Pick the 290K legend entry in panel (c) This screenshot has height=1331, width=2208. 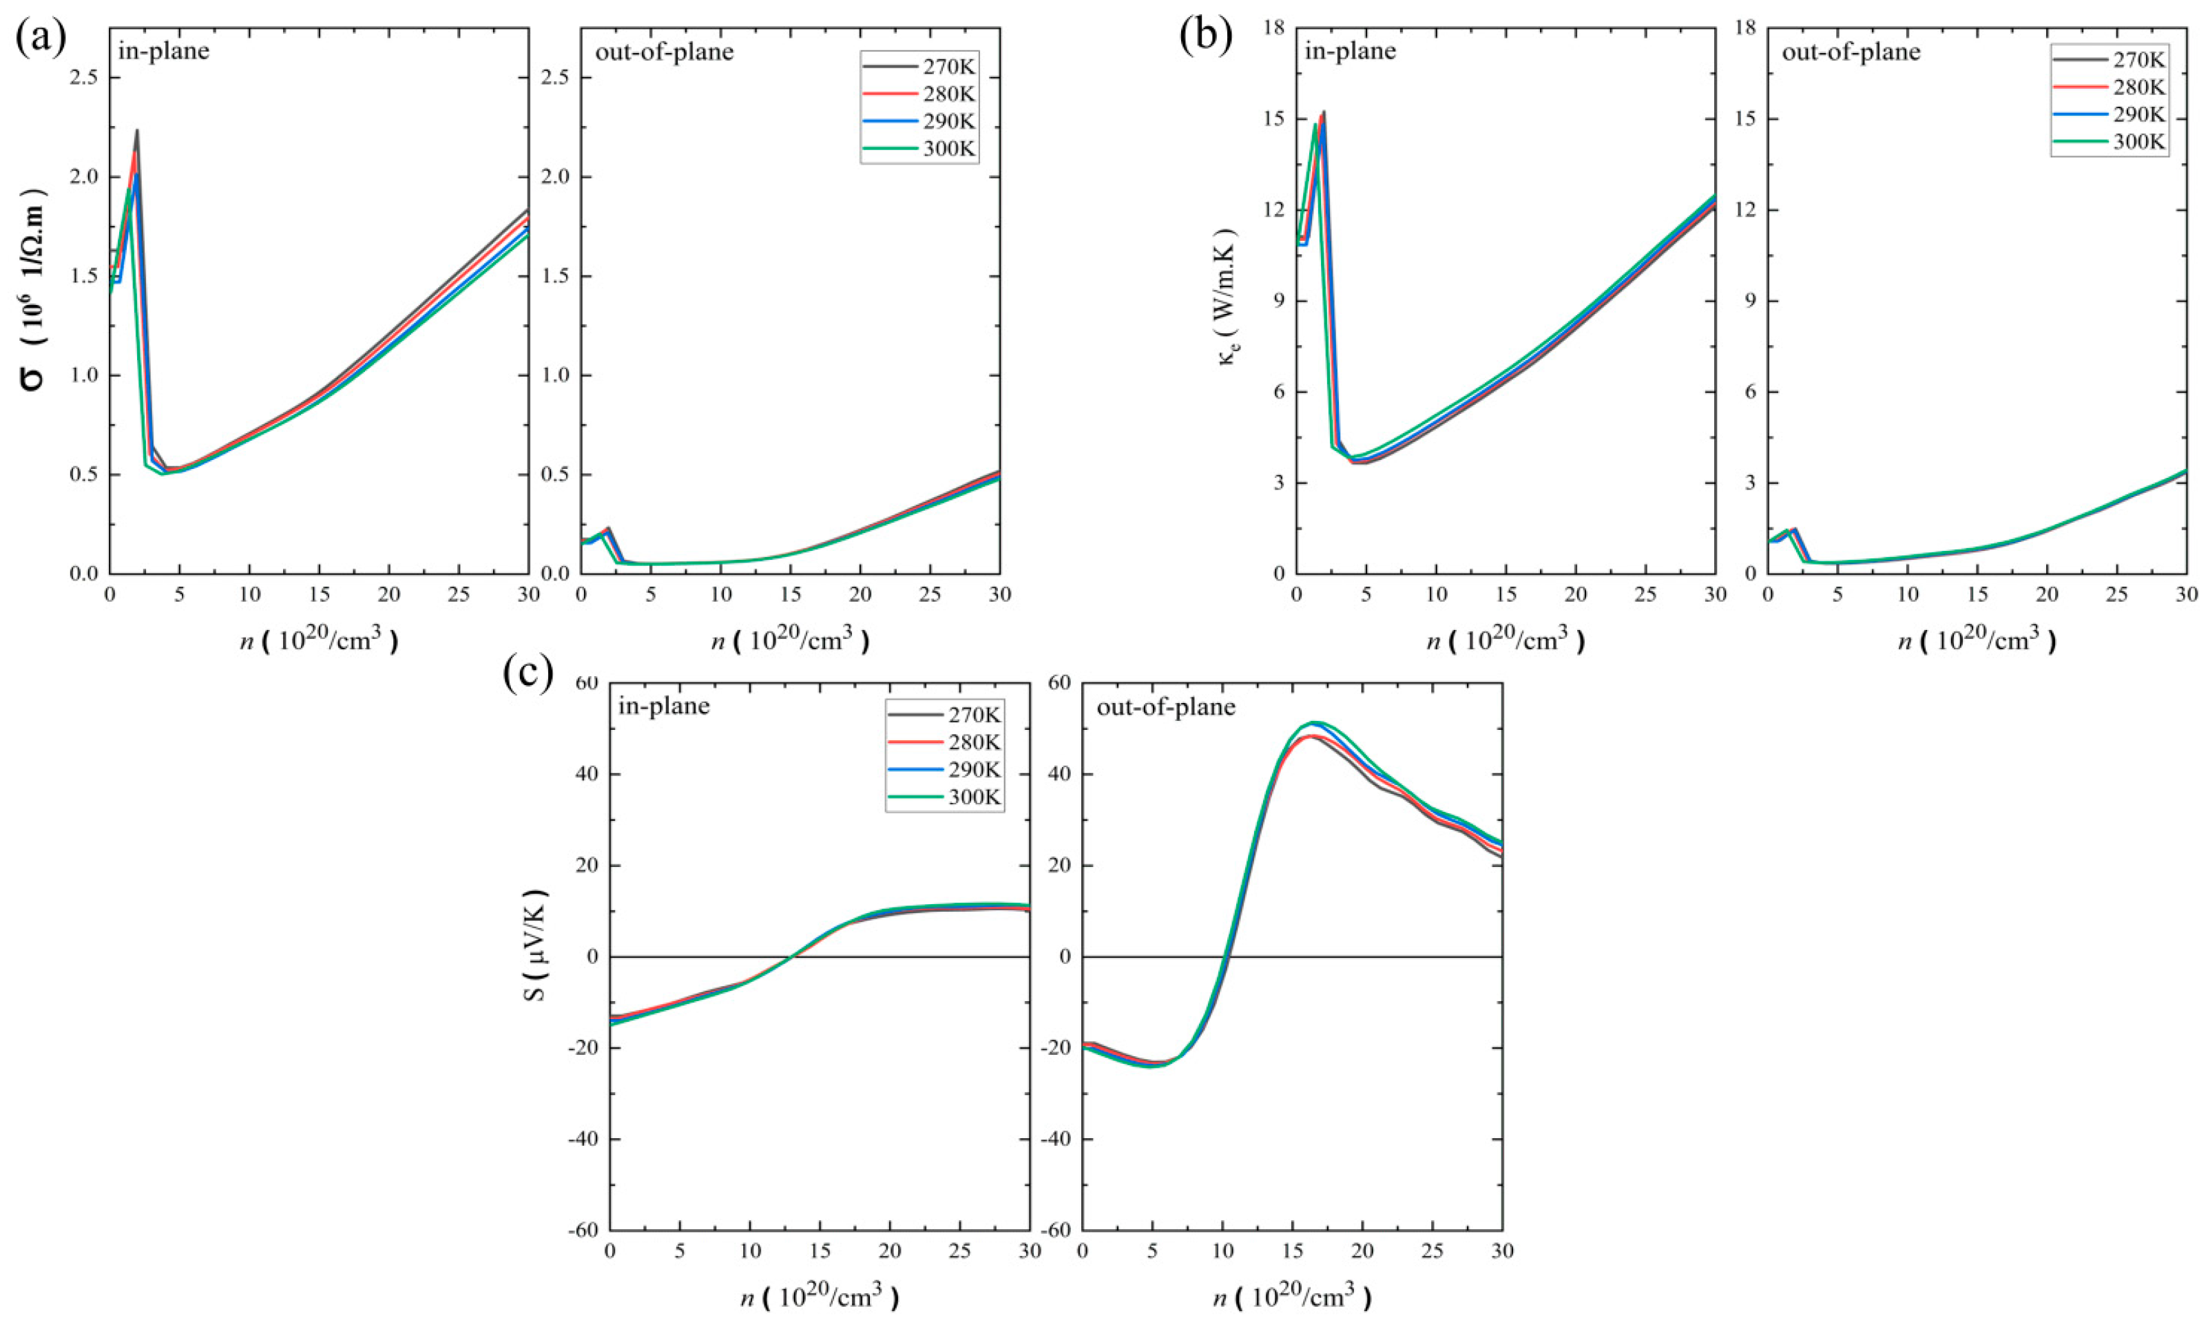pos(946,769)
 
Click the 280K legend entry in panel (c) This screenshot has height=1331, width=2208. pos(946,742)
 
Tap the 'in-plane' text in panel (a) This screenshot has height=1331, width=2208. pos(164,51)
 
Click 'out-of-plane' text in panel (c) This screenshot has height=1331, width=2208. pos(1166,706)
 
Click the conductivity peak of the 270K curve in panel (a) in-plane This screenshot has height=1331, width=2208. pos(137,131)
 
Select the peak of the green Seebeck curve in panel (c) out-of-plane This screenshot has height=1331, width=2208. pos(1315,722)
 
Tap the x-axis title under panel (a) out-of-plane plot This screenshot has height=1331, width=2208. pos(791,640)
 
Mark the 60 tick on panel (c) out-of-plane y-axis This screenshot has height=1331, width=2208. pos(1060,684)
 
